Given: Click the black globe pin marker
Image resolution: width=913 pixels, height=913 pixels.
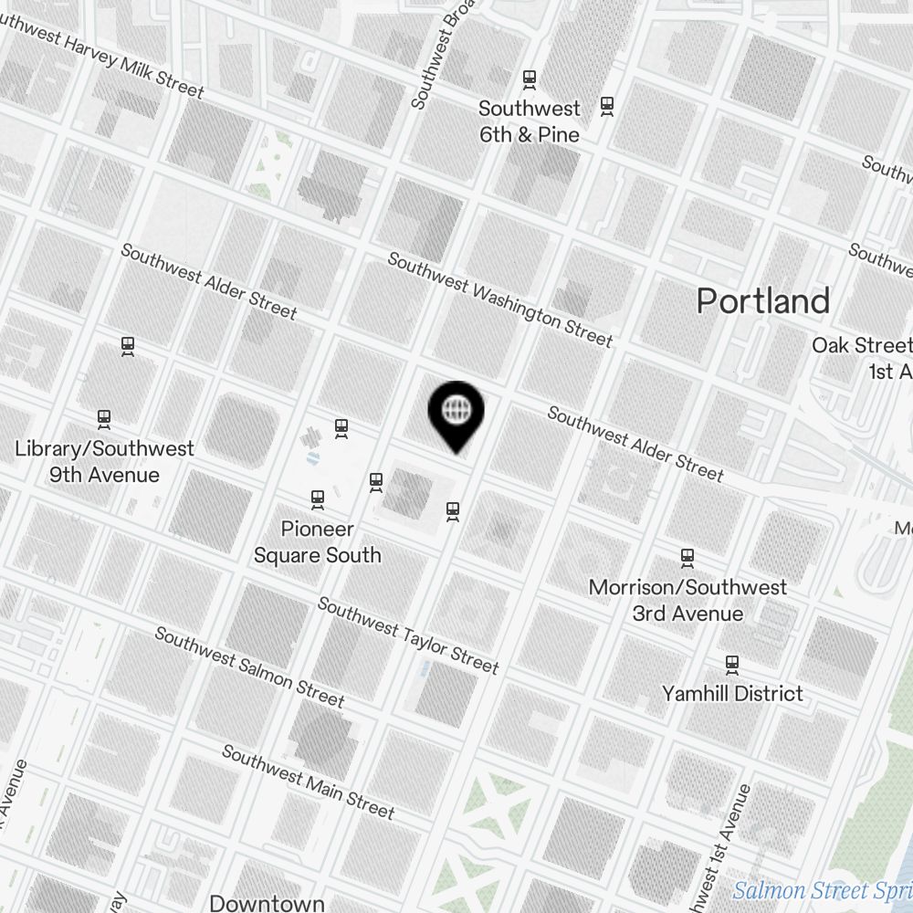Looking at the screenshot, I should [456, 411].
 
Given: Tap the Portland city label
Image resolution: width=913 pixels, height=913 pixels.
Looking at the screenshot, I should [763, 300].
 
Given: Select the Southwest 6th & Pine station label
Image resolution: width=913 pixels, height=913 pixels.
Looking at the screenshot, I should [530, 121].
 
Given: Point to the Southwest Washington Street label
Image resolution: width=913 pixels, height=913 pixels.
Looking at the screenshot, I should [499, 299].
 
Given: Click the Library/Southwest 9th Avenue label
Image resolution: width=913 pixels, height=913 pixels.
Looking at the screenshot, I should [105, 462].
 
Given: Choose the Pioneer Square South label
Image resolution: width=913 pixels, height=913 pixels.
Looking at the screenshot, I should [317, 541].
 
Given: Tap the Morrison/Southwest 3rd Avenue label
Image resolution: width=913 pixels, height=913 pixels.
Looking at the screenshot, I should [687, 600].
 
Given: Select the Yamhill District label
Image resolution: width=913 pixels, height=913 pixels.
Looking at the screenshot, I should [732, 693].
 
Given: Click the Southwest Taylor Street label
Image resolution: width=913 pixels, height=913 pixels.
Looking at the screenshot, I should [408, 635].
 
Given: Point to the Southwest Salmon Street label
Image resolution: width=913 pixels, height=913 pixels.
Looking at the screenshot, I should [249, 666].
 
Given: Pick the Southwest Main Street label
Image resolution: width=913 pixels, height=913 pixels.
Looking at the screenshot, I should [308, 782].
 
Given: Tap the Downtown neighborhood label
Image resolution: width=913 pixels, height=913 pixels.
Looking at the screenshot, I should [267, 902].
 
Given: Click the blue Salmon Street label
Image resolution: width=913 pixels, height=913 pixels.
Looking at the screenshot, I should [822, 889].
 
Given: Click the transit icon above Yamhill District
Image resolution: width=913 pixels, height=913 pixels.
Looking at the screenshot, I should [731, 663].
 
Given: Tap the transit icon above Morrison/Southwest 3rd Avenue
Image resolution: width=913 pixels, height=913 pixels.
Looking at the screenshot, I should [687, 556].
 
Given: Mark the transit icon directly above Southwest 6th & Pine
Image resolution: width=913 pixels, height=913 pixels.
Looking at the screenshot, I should [529, 79].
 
